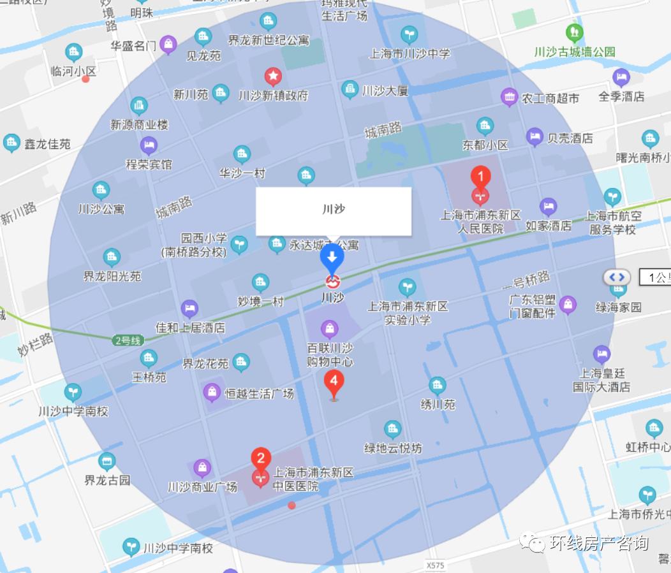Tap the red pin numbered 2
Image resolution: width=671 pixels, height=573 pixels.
coord(260,458)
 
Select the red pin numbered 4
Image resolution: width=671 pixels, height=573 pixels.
coord(334,382)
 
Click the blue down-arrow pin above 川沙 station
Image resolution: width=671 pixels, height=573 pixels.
coord(332,257)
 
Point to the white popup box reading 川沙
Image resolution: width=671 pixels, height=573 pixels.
coord(334,211)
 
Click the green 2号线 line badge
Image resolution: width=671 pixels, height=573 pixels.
coord(126,340)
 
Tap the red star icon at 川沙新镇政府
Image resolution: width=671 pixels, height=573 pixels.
coord(273,77)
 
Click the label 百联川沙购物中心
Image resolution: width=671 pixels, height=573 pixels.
coord(330,356)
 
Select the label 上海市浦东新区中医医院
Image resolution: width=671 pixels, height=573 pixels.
coord(313,480)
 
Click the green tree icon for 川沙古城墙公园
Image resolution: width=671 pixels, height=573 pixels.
coord(574,32)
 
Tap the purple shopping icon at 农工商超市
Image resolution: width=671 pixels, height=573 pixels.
coord(509,97)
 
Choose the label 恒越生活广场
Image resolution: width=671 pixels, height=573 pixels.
coord(259,393)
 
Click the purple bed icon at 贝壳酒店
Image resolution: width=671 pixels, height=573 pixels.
coord(535,136)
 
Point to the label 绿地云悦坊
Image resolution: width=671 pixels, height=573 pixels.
coord(393,448)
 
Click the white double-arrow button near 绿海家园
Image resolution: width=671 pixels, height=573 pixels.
coord(617,277)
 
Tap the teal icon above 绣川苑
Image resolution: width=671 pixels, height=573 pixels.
coord(437,385)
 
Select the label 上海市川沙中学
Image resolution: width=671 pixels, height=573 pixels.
coord(409,54)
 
